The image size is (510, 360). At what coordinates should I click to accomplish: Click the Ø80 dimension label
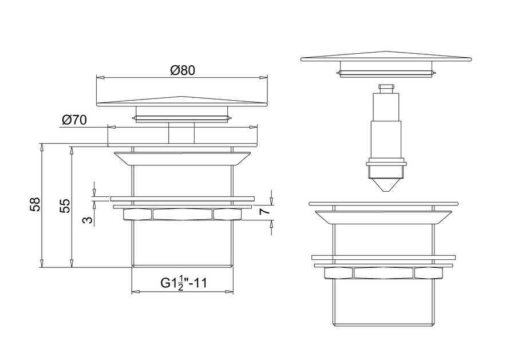pyautogui.click(x=183, y=70)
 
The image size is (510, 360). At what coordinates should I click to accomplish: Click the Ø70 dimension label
pyautogui.click(x=74, y=120)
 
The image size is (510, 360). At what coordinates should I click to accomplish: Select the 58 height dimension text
pyautogui.click(x=35, y=204)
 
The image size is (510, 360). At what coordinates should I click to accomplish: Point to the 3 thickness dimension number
pyautogui.click(x=87, y=220)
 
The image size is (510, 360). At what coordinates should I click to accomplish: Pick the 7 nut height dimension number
pyautogui.click(x=265, y=211)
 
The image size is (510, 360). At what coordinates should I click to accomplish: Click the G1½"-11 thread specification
pyautogui.click(x=184, y=283)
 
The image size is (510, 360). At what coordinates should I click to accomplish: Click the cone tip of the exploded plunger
pyautogui.click(x=386, y=191)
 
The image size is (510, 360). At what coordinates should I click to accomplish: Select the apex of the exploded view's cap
pyautogui.click(x=386, y=52)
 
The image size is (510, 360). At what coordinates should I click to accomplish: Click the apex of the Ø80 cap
pyautogui.click(x=182, y=97)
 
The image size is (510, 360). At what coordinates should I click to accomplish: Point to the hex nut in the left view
pyautogui.click(x=182, y=215)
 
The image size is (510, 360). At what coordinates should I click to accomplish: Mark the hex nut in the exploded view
pyautogui.click(x=384, y=273)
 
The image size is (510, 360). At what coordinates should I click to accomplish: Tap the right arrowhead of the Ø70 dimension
pyautogui.click(x=254, y=127)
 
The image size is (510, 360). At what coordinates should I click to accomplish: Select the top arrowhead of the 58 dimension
pyautogui.click(x=42, y=147)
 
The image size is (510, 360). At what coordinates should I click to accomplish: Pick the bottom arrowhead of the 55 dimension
pyautogui.click(x=71, y=263)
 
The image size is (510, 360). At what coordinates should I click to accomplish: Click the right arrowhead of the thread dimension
pyautogui.click(x=230, y=292)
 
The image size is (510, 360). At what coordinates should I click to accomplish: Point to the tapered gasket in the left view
pyautogui.click(x=182, y=158)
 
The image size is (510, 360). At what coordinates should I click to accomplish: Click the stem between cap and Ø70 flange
pyautogui.click(x=181, y=133)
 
